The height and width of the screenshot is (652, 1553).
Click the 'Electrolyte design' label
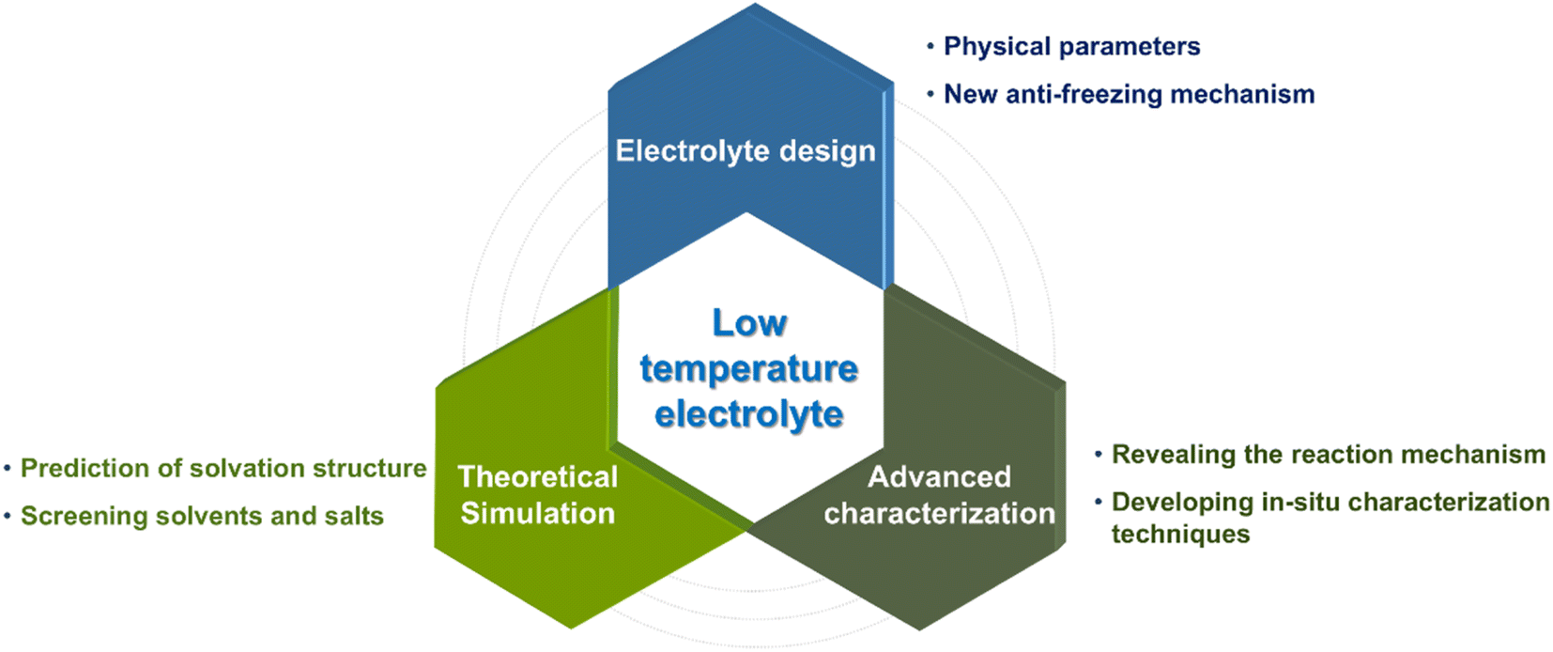point(746,151)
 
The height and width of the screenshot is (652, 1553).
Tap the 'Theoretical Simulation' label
point(538,494)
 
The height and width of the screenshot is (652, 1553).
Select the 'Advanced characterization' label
point(940,494)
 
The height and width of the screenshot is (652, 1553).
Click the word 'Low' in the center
point(749,323)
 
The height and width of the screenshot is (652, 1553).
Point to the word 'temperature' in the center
point(748,369)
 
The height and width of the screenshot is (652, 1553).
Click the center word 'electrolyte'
point(748,414)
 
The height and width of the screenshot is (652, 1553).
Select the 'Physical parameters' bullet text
point(1072,46)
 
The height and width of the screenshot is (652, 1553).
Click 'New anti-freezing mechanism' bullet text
point(1130,94)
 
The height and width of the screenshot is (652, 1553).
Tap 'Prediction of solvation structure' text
point(223,468)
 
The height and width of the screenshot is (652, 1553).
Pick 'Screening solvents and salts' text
point(202,516)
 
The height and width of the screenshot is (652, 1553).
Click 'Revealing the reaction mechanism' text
point(1329,455)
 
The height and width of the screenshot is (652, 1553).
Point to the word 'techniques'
point(1180,534)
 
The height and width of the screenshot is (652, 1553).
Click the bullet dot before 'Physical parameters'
point(930,46)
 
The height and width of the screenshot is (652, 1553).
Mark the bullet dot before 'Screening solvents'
point(8,516)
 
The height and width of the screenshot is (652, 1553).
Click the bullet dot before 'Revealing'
point(1099,455)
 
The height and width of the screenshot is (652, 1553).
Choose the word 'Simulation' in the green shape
point(538,513)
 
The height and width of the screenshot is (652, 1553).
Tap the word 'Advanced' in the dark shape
point(940,477)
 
